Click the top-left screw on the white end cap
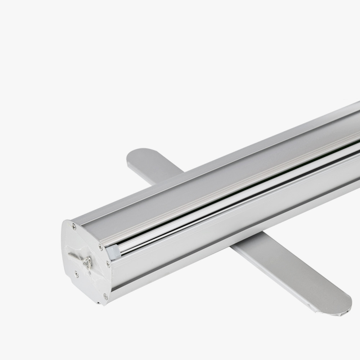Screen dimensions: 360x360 [x=74, y=227]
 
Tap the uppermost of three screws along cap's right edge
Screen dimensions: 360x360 [x=100, y=247]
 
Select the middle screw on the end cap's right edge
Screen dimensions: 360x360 [x=108, y=264]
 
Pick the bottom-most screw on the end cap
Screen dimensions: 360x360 [x=105, y=297]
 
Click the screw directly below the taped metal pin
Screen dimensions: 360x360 [x=76, y=274]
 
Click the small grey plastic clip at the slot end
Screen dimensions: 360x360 [x=113, y=252]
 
